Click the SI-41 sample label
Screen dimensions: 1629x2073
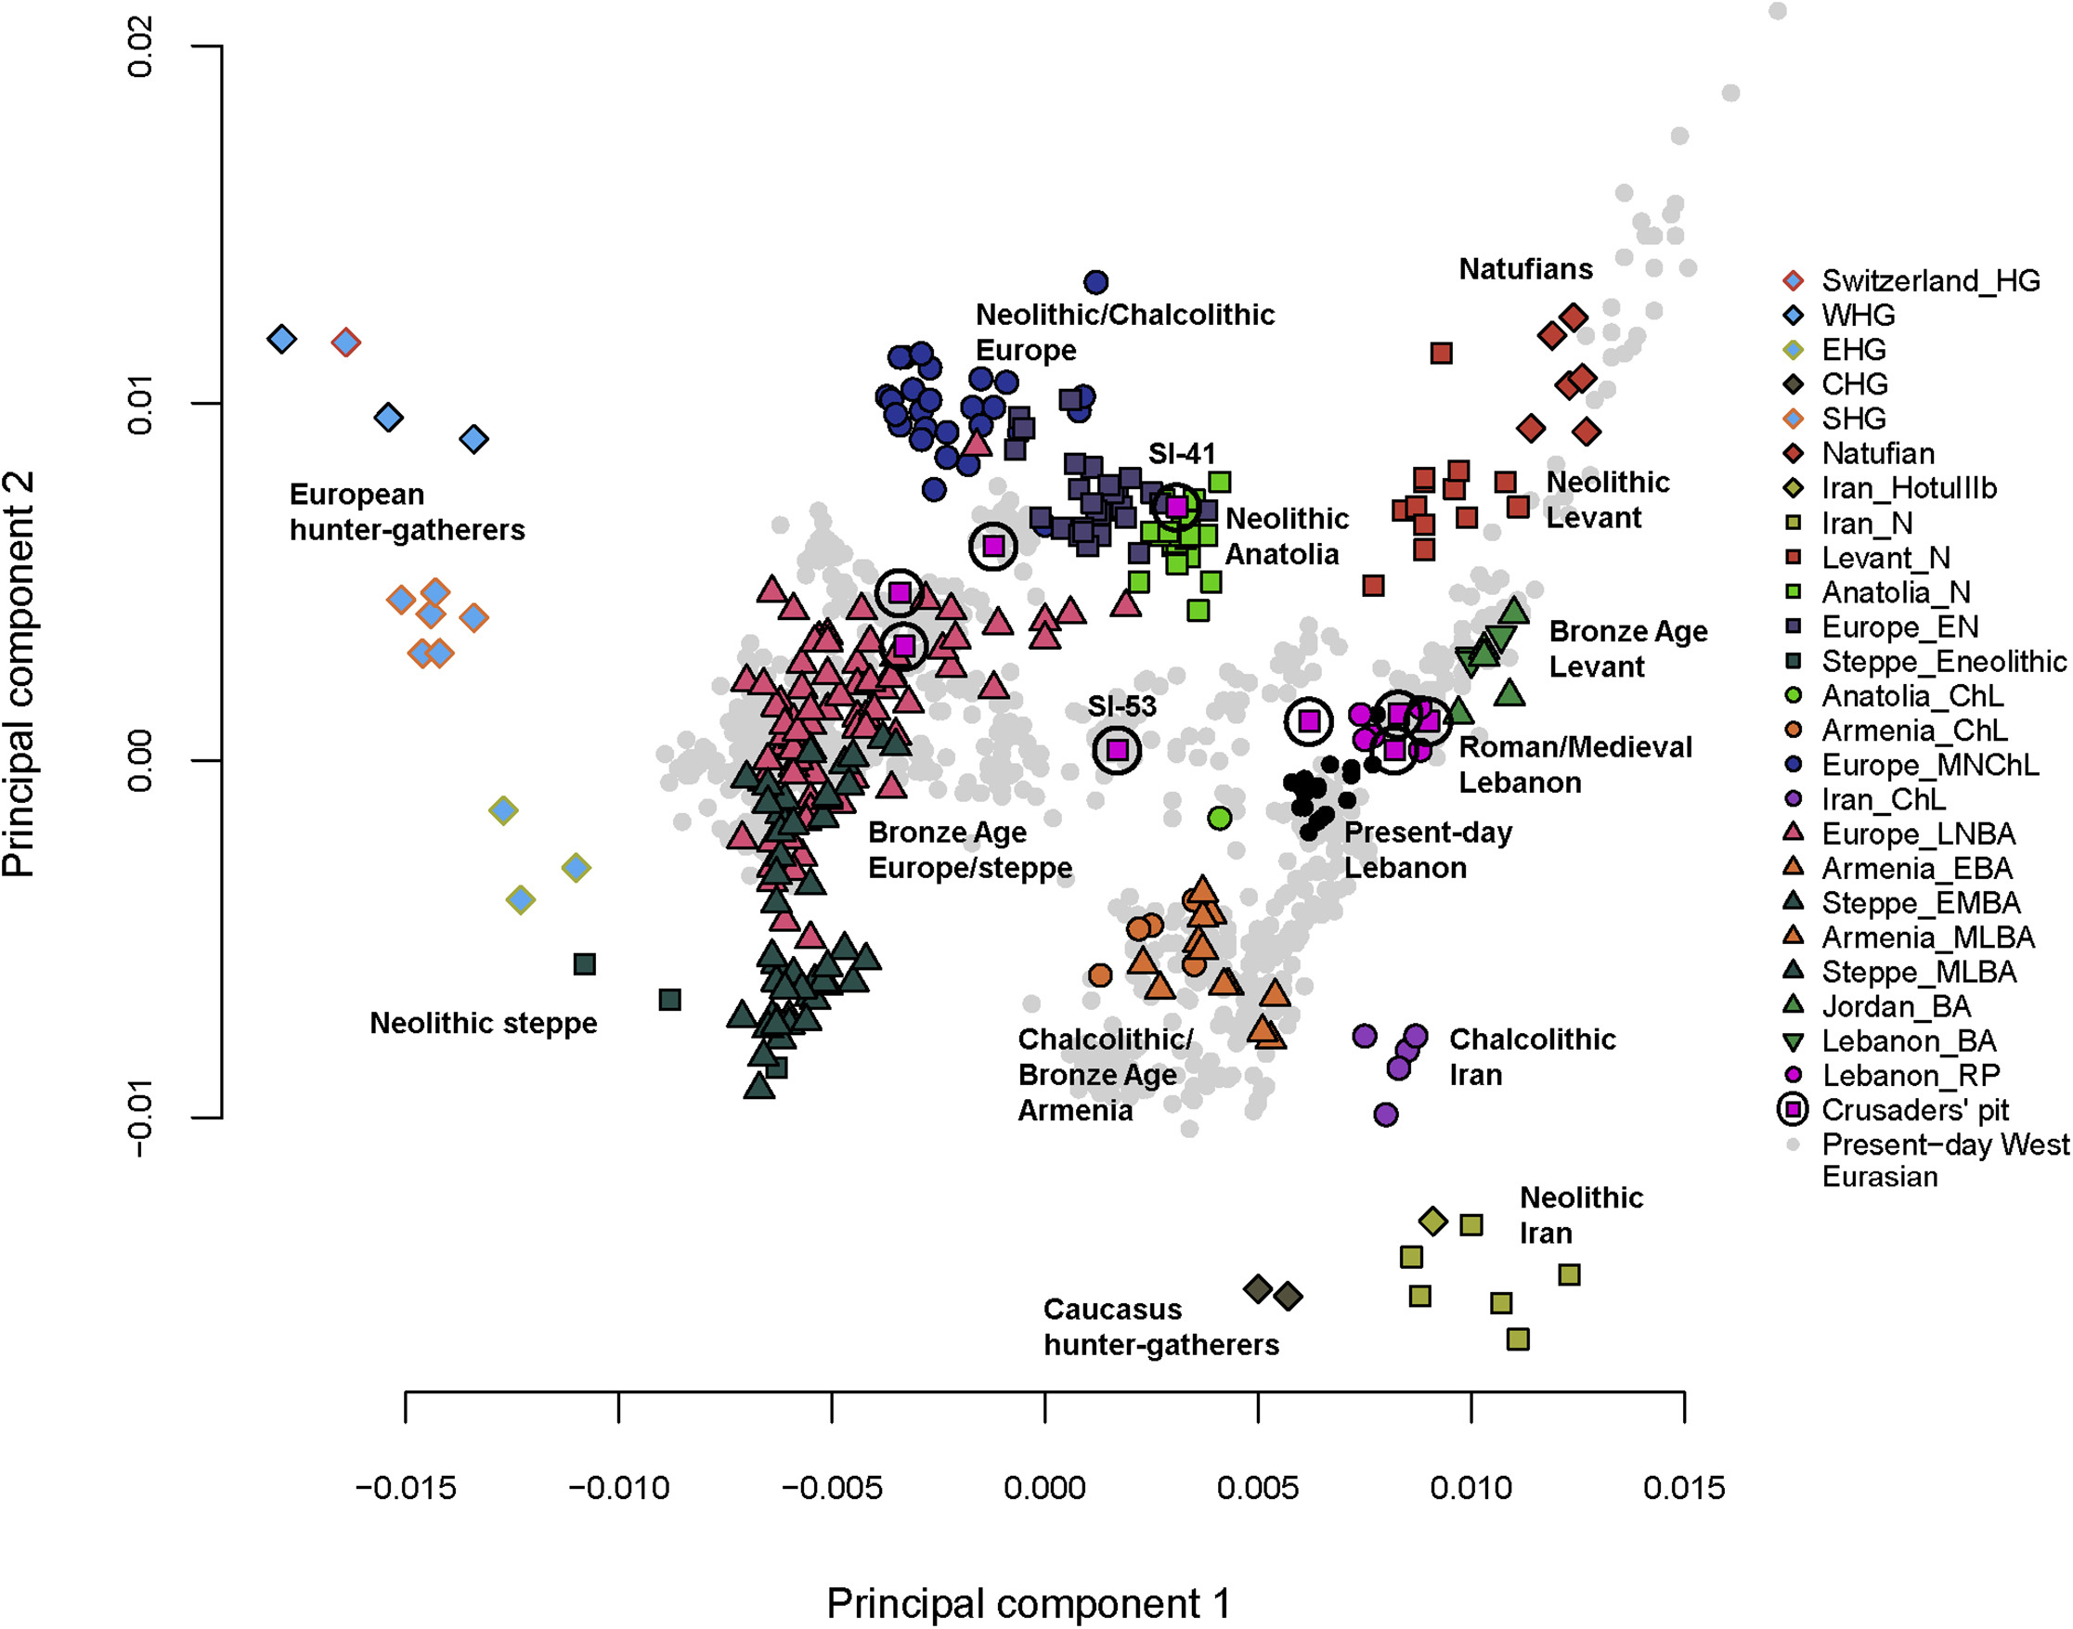(x=1181, y=454)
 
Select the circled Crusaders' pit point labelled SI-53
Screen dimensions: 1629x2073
(x=1117, y=751)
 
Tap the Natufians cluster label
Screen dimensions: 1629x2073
(x=1525, y=269)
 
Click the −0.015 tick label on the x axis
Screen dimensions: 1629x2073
(x=406, y=1488)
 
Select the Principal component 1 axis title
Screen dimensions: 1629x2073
(x=1028, y=1603)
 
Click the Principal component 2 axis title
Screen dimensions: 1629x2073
(x=19, y=673)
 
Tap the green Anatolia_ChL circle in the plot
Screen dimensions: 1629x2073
(x=1219, y=818)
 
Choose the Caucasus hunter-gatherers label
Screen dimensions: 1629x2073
(x=1161, y=1326)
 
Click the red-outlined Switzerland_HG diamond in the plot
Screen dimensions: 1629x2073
(x=346, y=343)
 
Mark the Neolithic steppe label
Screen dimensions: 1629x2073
(x=483, y=1024)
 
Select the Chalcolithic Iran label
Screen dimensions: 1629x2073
(x=1532, y=1056)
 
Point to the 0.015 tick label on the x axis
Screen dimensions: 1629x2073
(x=1684, y=1488)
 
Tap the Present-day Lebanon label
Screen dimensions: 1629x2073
(x=1427, y=850)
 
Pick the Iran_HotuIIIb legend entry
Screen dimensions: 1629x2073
(x=1908, y=488)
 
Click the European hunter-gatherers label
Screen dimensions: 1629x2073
(x=408, y=512)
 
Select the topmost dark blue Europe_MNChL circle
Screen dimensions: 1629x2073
(x=1096, y=282)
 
